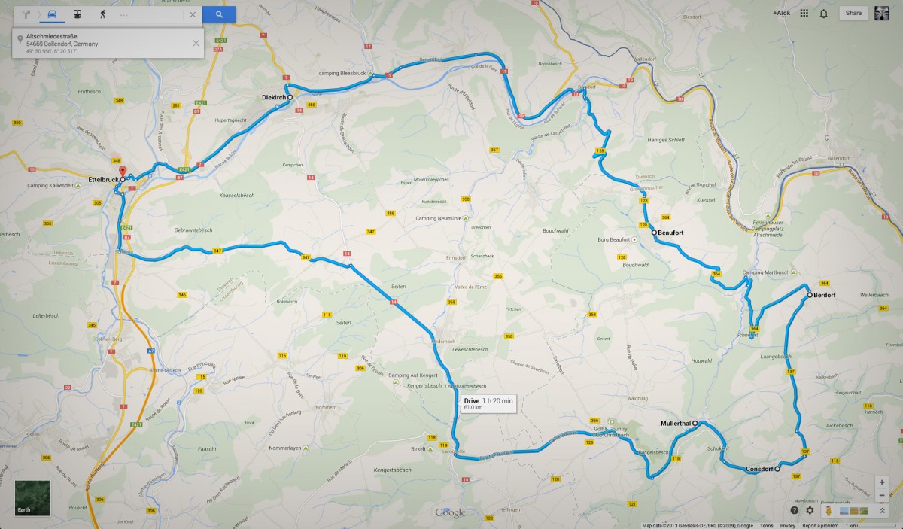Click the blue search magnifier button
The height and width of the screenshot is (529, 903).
219,14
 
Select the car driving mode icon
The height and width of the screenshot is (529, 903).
52,14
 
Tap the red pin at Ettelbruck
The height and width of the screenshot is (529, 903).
123,172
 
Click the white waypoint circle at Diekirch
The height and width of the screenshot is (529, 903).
290,97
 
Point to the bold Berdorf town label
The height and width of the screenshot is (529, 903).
825,295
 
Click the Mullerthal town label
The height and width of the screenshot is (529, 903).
675,424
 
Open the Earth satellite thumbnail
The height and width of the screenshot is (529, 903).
32,497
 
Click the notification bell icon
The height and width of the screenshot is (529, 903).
824,14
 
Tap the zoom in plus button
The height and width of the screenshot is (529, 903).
882,481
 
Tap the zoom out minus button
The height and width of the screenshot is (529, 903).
882,494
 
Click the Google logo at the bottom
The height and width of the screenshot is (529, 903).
451,513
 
